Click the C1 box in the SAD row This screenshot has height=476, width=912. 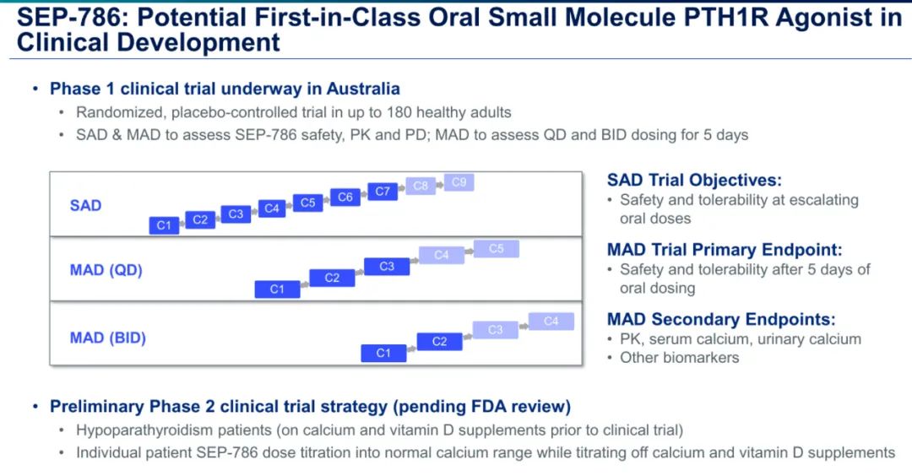click(164, 225)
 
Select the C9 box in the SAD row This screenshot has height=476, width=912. click(459, 182)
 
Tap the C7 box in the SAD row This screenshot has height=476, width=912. click(383, 192)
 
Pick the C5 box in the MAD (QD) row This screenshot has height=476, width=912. click(496, 249)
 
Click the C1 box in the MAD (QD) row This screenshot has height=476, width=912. click(277, 289)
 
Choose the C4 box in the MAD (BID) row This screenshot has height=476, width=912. click(551, 322)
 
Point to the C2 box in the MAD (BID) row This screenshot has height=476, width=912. click(439, 342)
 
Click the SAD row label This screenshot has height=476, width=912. click(85, 206)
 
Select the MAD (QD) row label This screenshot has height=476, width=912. click(106, 270)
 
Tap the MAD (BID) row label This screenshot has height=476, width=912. click(108, 338)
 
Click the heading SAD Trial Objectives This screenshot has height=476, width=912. click(694, 180)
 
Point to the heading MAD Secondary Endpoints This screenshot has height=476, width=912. click(721, 319)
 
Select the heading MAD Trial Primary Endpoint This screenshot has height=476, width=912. click(725, 250)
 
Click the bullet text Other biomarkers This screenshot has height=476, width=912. click(679, 358)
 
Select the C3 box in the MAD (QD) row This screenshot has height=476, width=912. click(387, 267)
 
